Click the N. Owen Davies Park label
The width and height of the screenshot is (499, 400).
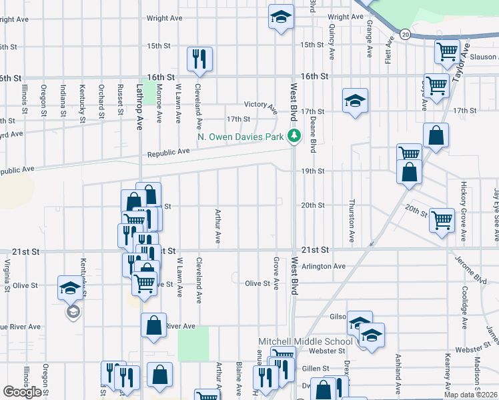coord(241,137)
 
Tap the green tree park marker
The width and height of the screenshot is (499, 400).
coord(294,137)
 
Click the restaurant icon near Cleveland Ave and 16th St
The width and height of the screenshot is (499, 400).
coord(199,59)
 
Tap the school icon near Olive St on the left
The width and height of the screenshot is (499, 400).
coord(70,288)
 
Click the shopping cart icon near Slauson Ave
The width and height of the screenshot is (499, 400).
coord(447,51)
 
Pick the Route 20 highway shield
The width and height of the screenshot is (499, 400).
coord(405,33)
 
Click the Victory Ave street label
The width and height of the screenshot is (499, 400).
coord(260,105)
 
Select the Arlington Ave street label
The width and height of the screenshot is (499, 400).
coord(323,267)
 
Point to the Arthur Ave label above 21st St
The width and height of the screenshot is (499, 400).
coord(217,226)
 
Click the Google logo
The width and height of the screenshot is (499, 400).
coord(22,392)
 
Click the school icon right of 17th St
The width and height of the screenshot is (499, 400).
coord(356,101)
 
